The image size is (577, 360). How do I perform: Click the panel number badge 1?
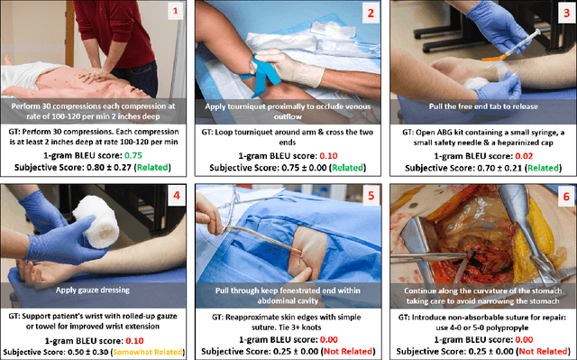(175, 11)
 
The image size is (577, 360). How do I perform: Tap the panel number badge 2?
(371, 13)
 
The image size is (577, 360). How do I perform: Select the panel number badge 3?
(566, 13)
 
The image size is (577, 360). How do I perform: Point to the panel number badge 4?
(177, 195)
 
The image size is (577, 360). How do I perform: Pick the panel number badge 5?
(371, 196)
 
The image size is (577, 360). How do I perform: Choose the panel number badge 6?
(566, 197)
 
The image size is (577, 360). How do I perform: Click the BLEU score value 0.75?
(133, 155)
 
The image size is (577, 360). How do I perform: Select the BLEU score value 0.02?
(524, 156)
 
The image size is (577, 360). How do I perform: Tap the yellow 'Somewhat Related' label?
(148, 352)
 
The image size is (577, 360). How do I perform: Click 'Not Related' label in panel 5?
(348, 352)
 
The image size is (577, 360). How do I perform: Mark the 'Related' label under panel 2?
(348, 168)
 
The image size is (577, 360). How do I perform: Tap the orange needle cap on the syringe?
(493, 58)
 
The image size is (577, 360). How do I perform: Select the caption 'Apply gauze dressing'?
(93, 290)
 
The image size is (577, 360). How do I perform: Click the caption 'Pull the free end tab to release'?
(483, 106)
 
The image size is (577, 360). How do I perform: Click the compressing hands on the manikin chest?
(92, 76)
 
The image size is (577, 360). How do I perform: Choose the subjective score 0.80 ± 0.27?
(109, 168)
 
